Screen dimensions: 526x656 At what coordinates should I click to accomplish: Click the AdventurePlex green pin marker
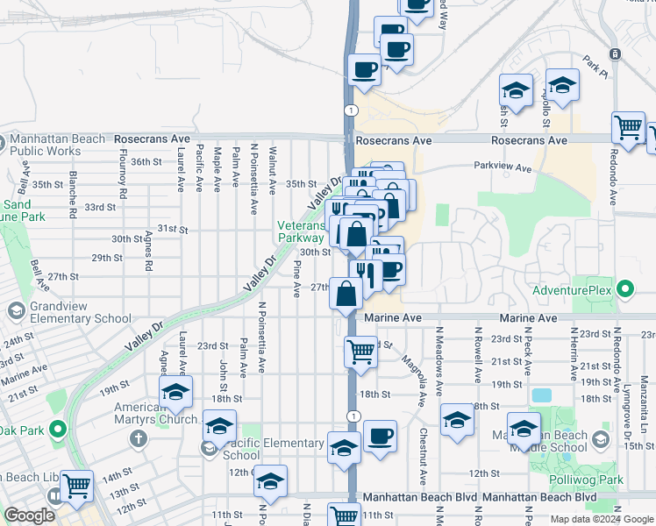coord(625,288)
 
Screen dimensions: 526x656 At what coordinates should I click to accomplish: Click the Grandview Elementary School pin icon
coord(16,310)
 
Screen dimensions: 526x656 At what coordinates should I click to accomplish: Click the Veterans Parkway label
coord(301,231)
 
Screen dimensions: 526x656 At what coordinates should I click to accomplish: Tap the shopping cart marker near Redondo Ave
coord(629,128)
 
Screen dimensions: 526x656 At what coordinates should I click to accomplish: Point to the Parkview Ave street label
coord(503,167)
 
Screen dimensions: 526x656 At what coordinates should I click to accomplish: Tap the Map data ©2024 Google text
coord(602,519)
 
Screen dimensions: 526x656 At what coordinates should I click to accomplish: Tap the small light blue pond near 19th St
coord(541,395)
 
